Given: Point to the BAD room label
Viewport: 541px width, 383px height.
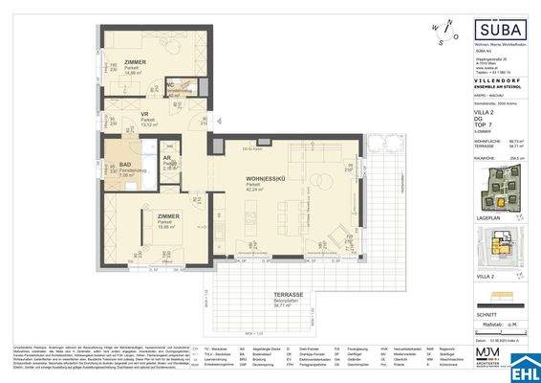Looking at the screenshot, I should coord(124,166).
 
